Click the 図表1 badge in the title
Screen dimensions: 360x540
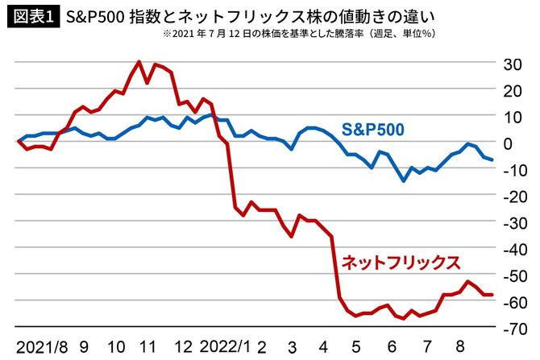(31, 16)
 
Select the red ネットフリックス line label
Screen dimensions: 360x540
(401, 262)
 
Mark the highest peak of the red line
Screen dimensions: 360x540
(139, 62)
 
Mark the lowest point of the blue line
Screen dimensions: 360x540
(403, 181)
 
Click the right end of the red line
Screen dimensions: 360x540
(492, 295)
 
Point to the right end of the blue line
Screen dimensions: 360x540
(492, 160)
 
